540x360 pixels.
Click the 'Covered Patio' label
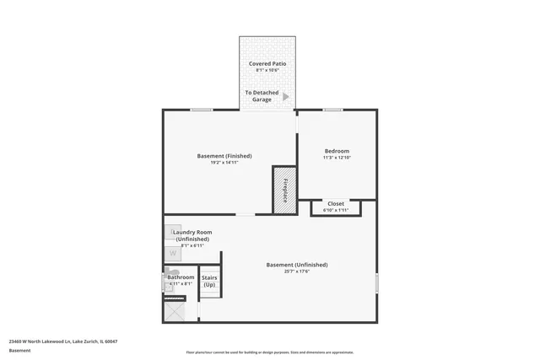point(267,64)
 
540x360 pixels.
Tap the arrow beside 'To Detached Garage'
point(285,96)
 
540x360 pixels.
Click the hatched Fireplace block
point(283,190)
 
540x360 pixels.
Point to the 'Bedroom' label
point(337,151)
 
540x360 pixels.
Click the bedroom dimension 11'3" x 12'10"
point(337,158)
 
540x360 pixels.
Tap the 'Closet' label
point(336,203)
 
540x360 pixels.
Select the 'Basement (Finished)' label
point(224,155)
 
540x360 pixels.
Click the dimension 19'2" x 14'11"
point(224,162)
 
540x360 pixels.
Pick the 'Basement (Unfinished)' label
point(297,265)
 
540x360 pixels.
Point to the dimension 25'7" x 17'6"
point(297,271)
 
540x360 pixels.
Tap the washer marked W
point(172,252)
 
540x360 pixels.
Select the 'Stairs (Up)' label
point(208,281)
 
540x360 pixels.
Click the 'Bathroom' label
point(181,277)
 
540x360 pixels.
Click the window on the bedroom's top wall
point(332,110)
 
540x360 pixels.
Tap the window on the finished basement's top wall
point(201,110)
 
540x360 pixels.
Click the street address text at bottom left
point(63,341)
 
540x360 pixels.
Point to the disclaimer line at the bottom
point(270,352)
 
